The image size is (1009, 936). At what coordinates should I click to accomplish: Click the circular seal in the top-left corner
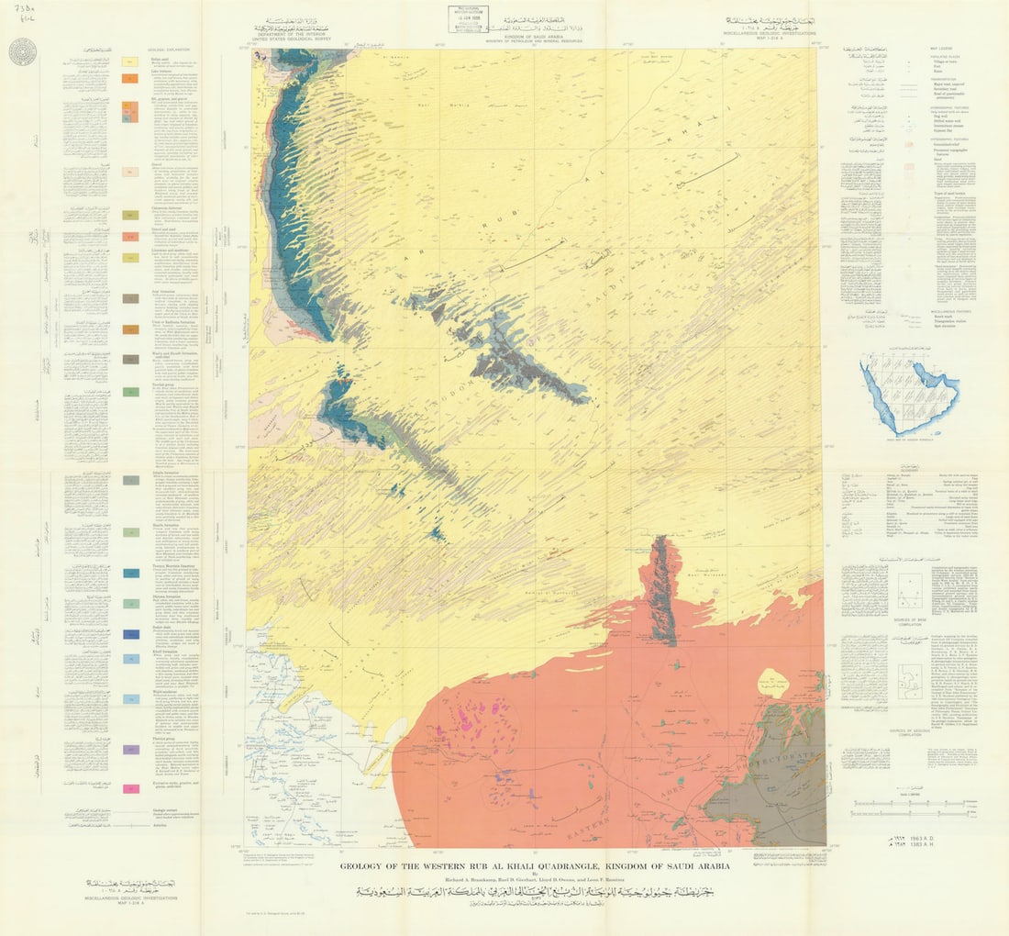click(22, 51)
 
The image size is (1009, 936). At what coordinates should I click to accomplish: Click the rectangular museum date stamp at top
click(469, 19)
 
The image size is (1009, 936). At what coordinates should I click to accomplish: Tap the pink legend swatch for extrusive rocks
click(131, 788)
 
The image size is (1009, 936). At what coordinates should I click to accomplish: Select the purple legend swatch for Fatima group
click(131, 750)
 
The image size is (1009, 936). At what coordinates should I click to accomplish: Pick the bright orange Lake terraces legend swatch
click(131, 78)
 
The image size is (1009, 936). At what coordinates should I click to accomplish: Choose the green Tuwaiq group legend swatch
click(131, 393)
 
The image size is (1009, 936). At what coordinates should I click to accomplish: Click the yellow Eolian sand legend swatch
click(131, 61)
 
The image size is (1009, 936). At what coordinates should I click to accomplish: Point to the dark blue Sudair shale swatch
click(131, 633)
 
